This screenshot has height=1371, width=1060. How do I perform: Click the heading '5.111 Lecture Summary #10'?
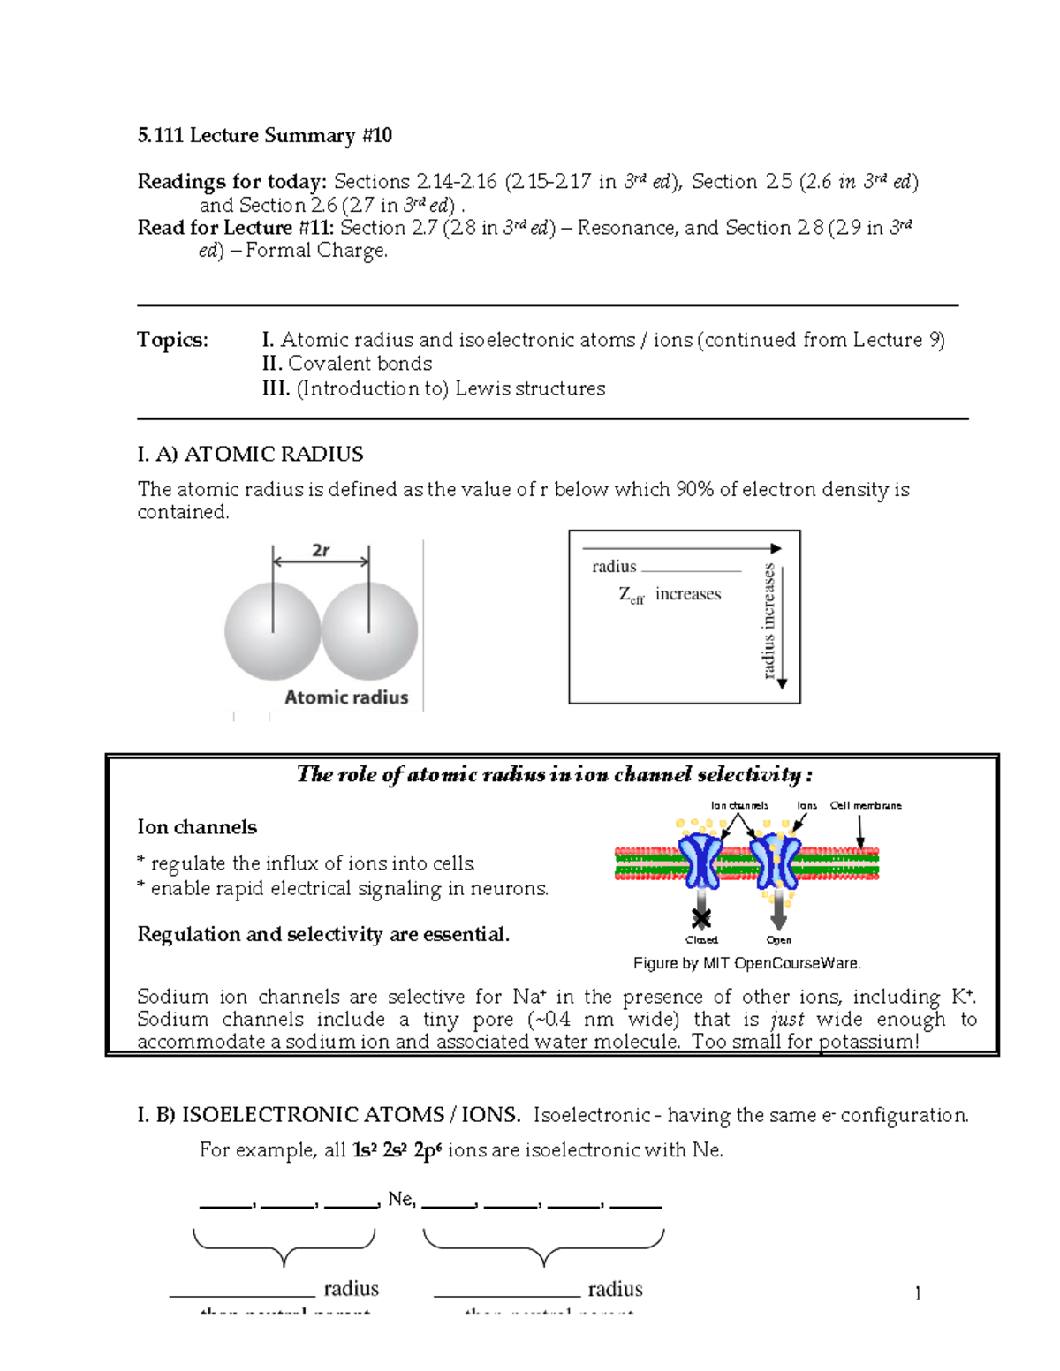[x=264, y=135]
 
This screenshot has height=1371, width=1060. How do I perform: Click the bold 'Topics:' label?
[x=172, y=340]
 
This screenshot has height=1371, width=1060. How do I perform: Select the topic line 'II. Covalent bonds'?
[x=346, y=364]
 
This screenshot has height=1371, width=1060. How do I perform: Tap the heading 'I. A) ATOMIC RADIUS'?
[x=250, y=454]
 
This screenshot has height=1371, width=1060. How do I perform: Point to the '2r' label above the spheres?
[x=321, y=550]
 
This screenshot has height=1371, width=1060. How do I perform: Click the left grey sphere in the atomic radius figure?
[x=272, y=631]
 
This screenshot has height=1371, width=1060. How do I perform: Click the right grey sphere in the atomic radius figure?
[x=369, y=631]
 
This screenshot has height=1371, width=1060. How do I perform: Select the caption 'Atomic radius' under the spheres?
[x=346, y=697]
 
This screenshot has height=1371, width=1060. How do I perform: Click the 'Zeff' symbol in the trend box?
[x=631, y=595]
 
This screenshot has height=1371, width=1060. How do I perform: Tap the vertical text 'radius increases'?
[x=768, y=621]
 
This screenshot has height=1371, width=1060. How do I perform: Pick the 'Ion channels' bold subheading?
[x=197, y=827]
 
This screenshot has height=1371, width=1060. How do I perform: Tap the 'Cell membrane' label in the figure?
[x=866, y=805]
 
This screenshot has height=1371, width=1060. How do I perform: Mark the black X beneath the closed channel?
[x=701, y=919]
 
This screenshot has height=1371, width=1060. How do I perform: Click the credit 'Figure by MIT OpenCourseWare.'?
[x=746, y=963]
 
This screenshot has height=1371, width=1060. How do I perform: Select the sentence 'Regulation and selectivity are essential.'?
[x=323, y=934]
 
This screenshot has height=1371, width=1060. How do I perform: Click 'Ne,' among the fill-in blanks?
[x=401, y=1199]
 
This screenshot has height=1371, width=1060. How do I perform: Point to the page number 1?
[x=918, y=1294]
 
